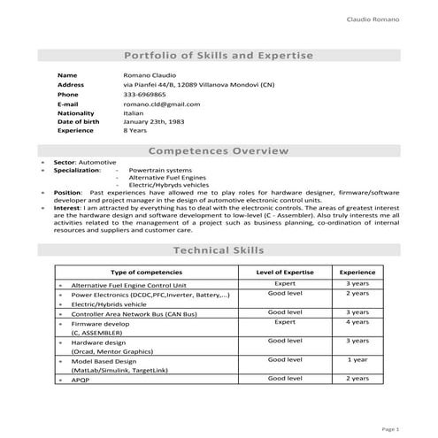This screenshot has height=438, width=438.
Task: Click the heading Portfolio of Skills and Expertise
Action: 218,56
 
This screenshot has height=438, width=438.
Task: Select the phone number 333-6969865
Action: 144,94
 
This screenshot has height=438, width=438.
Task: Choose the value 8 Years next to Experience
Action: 135,130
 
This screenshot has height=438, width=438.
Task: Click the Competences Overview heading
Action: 218,152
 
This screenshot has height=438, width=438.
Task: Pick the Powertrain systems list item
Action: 158,170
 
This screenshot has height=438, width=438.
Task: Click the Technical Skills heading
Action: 218,251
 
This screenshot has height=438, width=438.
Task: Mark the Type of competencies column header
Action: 146,273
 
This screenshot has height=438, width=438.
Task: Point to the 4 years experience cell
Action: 357,322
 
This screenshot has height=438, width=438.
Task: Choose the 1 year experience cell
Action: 357,360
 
